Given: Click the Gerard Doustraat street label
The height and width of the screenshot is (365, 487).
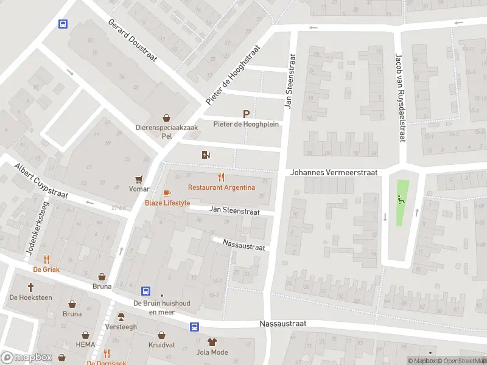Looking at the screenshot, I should click(x=133, y=40).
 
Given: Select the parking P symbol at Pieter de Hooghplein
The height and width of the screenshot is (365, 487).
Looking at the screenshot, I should click(x=246, y=114).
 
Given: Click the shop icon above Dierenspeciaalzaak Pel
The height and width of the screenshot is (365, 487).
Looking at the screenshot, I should click(x=166, y=118).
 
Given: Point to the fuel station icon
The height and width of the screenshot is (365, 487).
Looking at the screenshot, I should click(x=206, y=155).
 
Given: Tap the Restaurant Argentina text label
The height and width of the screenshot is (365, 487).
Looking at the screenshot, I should click(x=222, y=187).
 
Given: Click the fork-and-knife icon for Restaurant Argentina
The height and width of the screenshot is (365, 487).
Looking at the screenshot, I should click(x=221, y=177).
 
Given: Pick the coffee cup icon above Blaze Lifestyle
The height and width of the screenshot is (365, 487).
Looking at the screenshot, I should click(x=167, y=193).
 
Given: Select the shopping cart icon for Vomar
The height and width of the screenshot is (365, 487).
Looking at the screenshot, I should click(x=140, y=179).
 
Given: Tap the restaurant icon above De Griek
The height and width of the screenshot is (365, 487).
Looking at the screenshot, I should click(x=46, y=259).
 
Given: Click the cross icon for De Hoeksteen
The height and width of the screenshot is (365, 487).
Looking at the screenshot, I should click(x=30, y=287).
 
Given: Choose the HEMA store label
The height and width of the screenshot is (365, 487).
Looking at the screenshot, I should click(x=85, y=345).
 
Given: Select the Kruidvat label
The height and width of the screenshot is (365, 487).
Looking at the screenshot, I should click(x=161, y=345).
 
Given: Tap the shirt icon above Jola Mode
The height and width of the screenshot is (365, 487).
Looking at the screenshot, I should click(x=212, y=342).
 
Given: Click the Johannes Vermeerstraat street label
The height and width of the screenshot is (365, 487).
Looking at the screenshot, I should click(x=334, y=173).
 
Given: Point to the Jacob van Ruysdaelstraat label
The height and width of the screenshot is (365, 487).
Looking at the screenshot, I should click(x=400, y=98).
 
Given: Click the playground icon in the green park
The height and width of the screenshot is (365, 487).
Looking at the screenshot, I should click(x=400, y=198).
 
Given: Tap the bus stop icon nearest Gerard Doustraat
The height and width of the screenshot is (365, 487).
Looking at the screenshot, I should click(x=62, y=24).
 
